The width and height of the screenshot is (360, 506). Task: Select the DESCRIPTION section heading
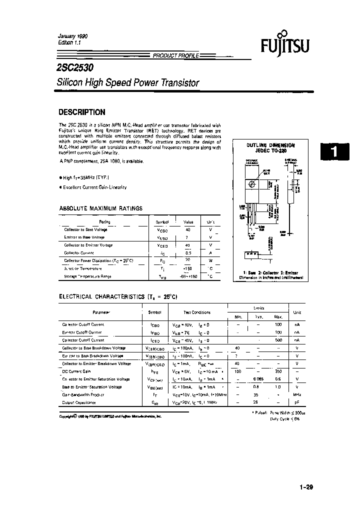click(82, 112)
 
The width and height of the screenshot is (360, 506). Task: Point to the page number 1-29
click(306, 487)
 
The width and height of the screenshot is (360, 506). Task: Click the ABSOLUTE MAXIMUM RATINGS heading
click(100, 208)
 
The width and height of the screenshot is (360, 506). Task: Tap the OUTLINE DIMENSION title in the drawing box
click(270, 144)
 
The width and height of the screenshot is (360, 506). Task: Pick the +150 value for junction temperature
click(188, 268)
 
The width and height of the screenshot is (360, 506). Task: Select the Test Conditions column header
click(197, 312)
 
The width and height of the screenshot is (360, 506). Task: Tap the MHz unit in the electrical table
click(297, 394)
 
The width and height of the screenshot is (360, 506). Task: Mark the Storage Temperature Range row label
click(88, 276)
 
